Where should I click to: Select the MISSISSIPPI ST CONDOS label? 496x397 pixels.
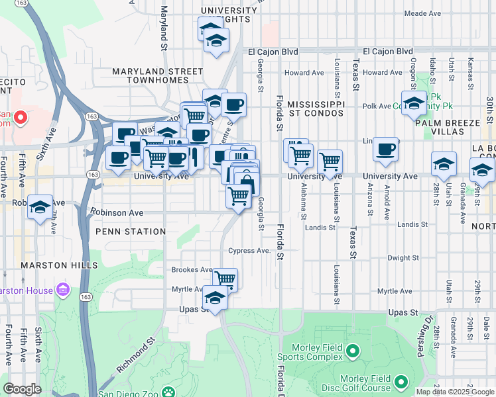tap(316, 109)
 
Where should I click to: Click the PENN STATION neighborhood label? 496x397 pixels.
tap(131, 232)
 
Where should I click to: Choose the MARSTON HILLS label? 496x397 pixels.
tap(54, 265)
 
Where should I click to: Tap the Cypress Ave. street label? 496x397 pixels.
tap(249, 251)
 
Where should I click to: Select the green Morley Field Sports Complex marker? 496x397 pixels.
tap(353, 351)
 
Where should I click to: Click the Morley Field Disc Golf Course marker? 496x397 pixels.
tap(401, 382)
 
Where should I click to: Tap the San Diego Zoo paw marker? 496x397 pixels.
tap(170, 392)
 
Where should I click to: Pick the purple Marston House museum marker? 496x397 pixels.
tap(63, 290)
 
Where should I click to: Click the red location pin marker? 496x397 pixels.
tap(20, 118)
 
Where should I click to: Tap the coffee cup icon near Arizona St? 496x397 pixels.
tap(385, 149)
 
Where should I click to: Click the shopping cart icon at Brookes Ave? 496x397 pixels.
tap(225, 279)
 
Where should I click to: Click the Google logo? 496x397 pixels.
tap(22, 389)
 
